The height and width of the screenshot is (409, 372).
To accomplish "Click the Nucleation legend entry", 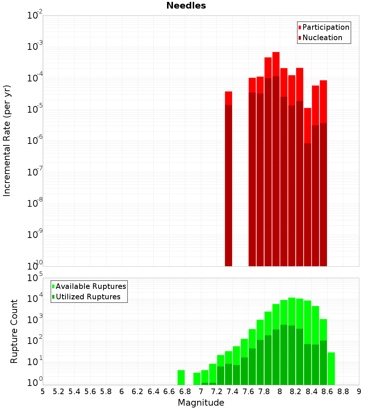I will click(x=322, y=38).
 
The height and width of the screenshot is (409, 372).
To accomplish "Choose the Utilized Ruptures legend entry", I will click(x=88, y=297).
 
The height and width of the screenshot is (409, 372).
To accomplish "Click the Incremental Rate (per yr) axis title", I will click(x=7, y=141).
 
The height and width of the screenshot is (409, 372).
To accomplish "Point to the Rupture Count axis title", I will click(x=14, y=331).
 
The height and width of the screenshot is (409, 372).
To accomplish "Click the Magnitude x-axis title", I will click(x=201, y=403).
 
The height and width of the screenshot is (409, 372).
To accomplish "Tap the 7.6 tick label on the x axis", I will click(x=248, y=392).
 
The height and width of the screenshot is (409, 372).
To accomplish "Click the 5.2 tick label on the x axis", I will click(x=58, y=392).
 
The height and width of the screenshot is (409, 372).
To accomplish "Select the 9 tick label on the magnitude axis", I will click(x=359, y=392).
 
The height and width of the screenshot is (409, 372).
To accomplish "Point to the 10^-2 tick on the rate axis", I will click(x=35, y=16).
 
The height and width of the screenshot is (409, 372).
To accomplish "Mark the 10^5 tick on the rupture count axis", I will click(x=35, y=278).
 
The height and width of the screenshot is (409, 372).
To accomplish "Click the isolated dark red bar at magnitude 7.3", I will click(x=228, y=186).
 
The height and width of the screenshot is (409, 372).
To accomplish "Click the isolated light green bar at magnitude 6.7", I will click(x=181, y=377).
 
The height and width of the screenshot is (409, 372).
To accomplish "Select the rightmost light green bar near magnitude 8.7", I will click(x=331, y=368).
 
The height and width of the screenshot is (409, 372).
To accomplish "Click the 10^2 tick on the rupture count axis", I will click(x=35, y=341).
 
